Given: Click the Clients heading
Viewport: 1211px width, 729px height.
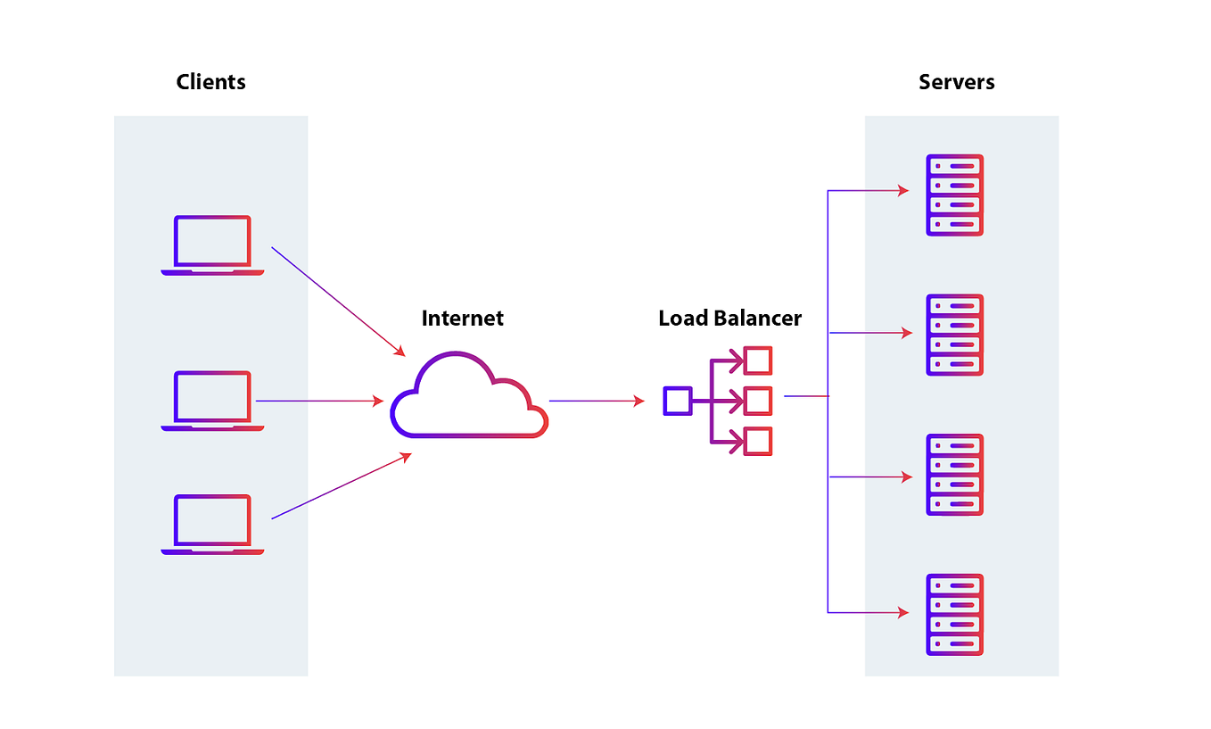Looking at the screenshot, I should [210, 82].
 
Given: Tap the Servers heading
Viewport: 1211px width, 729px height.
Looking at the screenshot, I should [956, 82].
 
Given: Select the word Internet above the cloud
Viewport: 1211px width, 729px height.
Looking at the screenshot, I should [462, 319].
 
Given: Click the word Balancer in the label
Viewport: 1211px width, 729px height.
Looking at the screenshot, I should [761, 319].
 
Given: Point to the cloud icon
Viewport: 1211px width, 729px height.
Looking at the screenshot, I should [468, 397].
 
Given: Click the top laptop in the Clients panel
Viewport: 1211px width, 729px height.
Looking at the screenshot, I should [212, 245].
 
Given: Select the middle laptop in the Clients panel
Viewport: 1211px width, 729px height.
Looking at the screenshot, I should [212, 401].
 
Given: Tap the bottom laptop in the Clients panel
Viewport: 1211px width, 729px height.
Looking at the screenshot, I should [212, 525].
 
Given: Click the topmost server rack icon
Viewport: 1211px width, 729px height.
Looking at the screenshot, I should [954, 195].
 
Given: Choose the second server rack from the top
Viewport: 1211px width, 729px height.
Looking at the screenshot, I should [954, 335].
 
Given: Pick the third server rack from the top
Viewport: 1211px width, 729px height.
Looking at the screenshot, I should [954, 475].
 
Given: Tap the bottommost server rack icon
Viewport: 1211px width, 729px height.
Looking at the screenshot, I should [954, 615].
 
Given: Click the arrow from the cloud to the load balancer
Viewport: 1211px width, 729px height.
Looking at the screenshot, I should [596, 402].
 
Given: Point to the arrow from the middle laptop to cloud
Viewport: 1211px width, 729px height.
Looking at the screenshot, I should [318, 402].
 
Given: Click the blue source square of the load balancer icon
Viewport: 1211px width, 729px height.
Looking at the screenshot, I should [677, 401].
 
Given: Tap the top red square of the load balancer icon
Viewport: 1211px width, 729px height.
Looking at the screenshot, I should [758, 360].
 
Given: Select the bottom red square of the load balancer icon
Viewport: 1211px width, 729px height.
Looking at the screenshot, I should [758, 442].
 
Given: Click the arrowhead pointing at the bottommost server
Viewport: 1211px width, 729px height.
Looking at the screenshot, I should [902, 612].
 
